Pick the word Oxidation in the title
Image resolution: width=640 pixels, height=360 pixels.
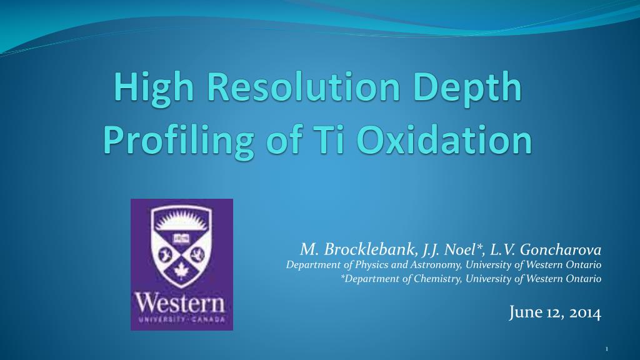444,139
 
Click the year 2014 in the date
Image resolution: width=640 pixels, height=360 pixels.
585,313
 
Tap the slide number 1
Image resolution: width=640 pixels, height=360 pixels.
606,349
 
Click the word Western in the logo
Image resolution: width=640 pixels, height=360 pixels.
180,303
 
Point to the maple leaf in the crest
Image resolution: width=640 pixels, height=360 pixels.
181,270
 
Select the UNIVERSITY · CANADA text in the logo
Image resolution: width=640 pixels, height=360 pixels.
181,319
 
